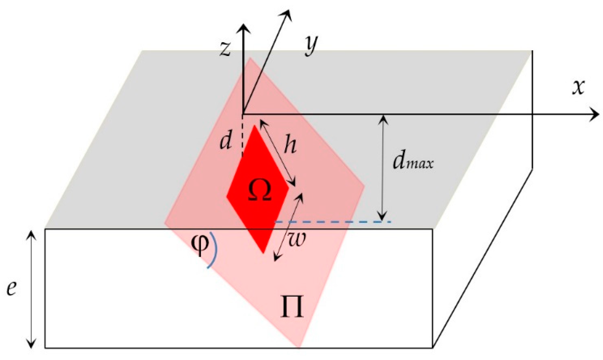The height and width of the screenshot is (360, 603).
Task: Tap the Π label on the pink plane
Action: (x=292, y=307)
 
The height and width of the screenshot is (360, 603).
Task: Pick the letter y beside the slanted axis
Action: (x=311, y=46)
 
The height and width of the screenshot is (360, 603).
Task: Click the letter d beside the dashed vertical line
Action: (x=225, y=141)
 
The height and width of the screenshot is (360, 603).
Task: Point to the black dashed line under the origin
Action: (x=243, y=135)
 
